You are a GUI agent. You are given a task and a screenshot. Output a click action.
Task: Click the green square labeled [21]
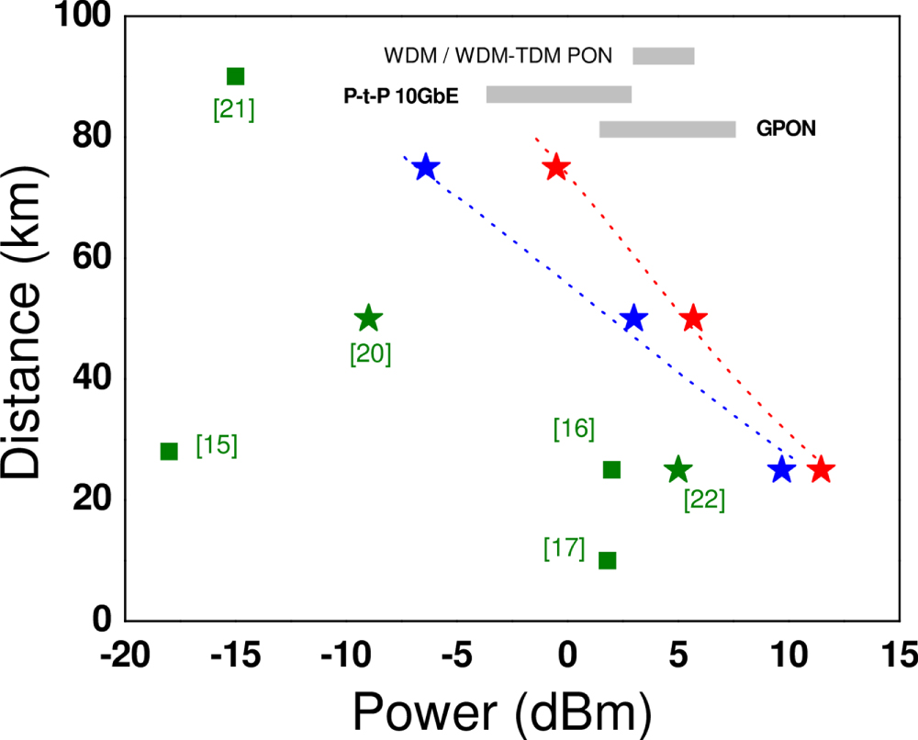(235, 76)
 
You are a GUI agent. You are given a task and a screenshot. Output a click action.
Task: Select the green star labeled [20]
(368, 319)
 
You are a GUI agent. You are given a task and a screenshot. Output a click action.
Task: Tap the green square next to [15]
(169, 451)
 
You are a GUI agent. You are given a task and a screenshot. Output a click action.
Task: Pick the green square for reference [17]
(607, 560)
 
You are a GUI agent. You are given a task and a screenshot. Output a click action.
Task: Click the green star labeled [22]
(677, 469)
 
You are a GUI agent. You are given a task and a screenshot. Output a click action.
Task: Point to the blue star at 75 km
(426, 167)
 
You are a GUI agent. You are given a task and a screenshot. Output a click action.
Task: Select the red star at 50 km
(694, 319)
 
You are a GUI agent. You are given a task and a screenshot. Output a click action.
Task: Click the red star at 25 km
(821, 469)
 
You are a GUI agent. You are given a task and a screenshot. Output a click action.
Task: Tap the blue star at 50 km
(633, 319)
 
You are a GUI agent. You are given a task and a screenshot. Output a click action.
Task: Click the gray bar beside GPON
(667, 129)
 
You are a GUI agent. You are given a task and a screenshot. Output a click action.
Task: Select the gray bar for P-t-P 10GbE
(559, 95)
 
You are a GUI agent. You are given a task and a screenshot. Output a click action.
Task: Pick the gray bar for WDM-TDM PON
(664, 56)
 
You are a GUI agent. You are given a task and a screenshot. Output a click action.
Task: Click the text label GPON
(786, 129)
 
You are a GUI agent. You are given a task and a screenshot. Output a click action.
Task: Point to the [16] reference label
(575, 428)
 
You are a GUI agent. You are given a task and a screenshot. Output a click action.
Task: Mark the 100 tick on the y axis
(83, 17)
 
